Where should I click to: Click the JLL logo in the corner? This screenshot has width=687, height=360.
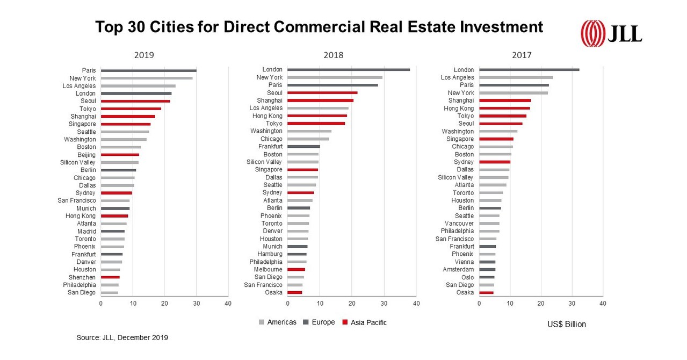click(611, 34)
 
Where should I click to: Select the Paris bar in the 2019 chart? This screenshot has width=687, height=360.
click(148, 70)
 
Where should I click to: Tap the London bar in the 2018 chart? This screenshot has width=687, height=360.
click(348, 69)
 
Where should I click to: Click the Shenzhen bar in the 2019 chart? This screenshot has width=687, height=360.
click(110, 277)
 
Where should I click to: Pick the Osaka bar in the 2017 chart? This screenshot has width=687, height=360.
click(486, 292)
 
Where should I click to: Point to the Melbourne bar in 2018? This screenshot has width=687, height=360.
click(296, 269)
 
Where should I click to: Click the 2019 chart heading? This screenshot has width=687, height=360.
click(144, 55)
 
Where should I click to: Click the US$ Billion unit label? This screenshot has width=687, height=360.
click(567, 325)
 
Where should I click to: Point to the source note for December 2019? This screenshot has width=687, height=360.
click(122, 337)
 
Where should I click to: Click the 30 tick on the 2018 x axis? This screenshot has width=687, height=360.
click(384, 304)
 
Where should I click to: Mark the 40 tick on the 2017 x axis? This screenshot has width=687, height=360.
click(603, 304)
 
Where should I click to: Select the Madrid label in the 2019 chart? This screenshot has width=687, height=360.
click(86, 231)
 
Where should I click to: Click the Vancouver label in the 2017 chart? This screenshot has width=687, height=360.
click(459, 224)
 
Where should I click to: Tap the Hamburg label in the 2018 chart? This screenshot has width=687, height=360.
click(270, 254)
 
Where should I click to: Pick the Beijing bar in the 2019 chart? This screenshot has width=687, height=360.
click(120, 155)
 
